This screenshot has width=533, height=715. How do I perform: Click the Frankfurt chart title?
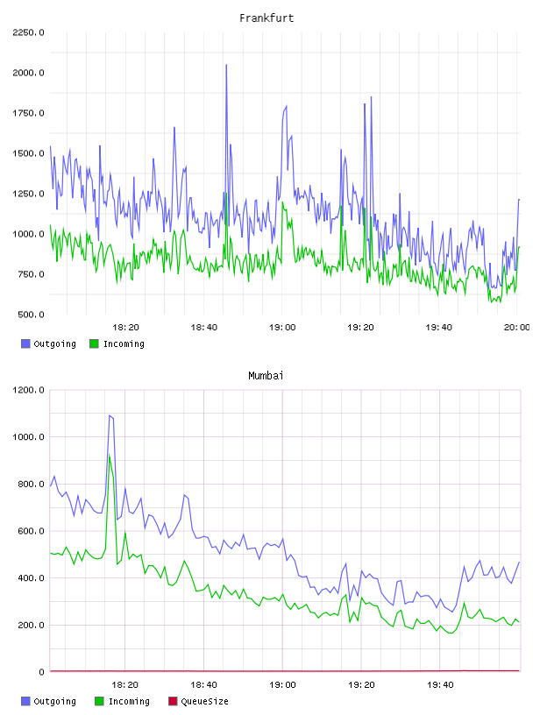point(266,18)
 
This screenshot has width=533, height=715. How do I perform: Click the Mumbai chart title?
point(266,376)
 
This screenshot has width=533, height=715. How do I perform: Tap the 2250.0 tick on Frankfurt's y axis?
point(28,32)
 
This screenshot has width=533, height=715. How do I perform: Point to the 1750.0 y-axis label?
point(28,113)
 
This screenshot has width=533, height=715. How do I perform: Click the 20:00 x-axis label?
point(516,328)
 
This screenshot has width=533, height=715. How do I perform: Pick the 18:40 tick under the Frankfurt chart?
point(204,328)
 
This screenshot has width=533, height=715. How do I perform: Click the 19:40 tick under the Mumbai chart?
point(440,685)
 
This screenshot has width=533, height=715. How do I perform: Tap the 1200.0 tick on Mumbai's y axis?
point(28,390)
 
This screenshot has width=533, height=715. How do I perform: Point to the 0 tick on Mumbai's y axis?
point(41,672)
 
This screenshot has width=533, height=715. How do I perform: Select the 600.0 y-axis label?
point(31,531)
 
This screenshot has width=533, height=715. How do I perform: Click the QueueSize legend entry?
point(198,701)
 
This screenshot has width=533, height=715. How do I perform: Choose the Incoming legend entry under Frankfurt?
point(117,343)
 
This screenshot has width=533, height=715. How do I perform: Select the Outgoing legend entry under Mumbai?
point(49,701)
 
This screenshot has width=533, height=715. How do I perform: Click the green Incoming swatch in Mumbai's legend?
point(99,701)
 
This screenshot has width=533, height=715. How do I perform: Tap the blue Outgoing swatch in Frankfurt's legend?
point(25,343)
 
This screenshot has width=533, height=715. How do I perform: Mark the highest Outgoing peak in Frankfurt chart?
point(226,65)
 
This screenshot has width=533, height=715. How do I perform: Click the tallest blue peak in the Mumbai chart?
point(110,415)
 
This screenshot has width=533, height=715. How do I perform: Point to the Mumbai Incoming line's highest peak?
point(110,455)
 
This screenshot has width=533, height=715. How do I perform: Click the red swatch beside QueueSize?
point(173,701)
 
